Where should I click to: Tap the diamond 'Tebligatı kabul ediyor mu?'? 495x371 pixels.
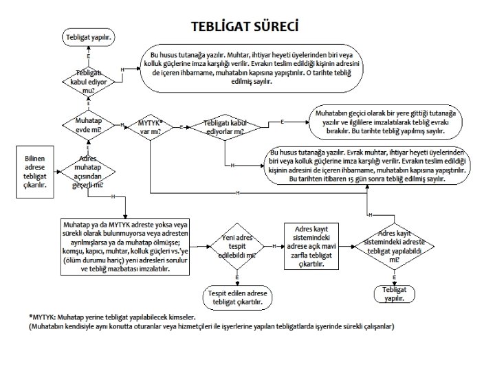89,80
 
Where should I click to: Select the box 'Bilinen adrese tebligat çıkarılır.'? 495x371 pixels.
35,170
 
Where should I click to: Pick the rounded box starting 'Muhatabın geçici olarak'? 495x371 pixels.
388,122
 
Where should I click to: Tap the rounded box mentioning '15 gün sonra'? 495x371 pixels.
368,165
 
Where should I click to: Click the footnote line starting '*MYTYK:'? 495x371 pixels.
113,317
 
